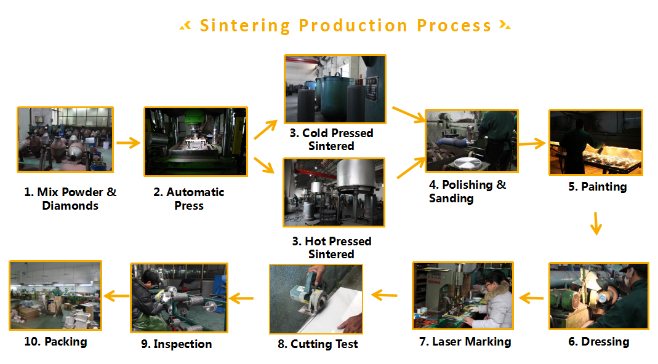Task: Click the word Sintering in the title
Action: (x=244, y=26)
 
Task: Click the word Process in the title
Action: (x=454, y=26)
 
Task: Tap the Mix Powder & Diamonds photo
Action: (x=65, y=139)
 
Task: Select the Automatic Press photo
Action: (x=196, y=141)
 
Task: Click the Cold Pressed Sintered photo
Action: (x=335, y=89)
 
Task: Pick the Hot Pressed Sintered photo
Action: (x=334, y=192)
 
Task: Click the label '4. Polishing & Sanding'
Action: (x=467, y=191)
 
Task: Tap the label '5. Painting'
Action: (x=598, y=187)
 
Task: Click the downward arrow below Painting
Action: (x=596, y=224)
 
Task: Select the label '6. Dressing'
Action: (x=599, y=342)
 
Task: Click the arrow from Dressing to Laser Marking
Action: (x=531, y=298)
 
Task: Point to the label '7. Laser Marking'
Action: (x=465, y=342)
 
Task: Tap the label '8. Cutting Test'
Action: (x=318, y=344)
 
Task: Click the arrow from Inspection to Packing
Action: (x=116, y=296)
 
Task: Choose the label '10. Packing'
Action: (x=55, y=342)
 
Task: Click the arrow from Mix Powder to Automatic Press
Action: (x=129, y=143)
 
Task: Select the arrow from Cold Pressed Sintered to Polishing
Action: (x=409, y=115)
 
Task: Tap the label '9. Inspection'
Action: (x=176, y=344)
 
